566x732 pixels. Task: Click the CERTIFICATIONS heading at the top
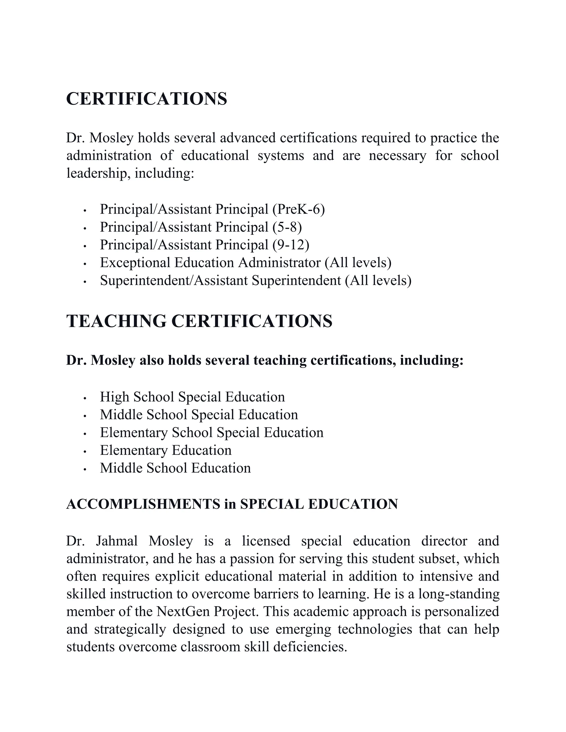(x=146, y=99)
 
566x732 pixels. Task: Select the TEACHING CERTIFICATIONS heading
(x=199, y=321)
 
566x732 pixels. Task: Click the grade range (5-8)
(x=287, y=227)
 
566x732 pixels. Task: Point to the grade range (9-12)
(x=291, y=245)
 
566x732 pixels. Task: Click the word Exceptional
(x=135, y=263)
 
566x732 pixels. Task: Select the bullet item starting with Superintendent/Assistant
(x=256, y=281)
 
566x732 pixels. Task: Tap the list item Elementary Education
(x=166, y=451)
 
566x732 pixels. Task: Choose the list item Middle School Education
(x=175, y=468)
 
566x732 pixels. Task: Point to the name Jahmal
(x=117, y=541)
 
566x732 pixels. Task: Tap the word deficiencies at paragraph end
(x=310, y=647)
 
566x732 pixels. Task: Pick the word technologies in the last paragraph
(x=374, y=630)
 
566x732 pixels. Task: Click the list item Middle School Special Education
(x=199, y=415)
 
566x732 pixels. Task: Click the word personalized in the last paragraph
(x=462, y=612)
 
